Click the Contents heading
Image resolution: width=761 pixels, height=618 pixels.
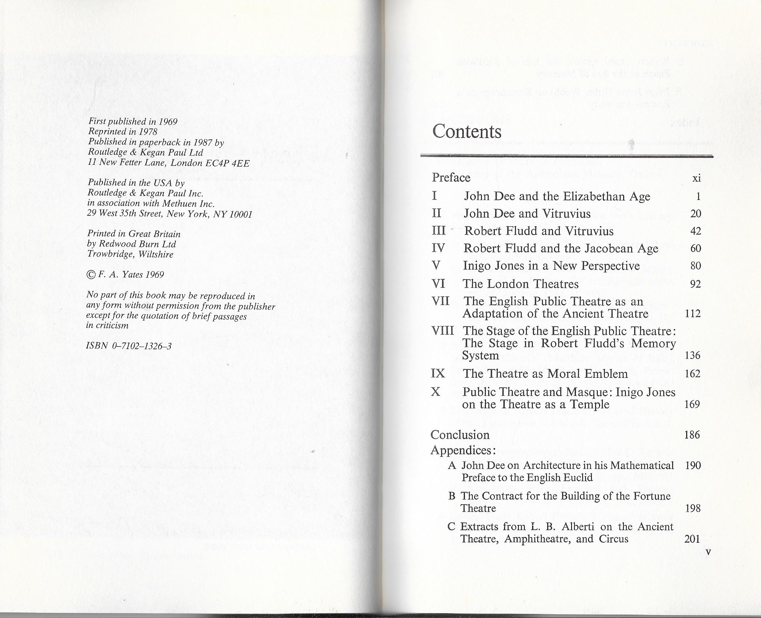tap(466, 131)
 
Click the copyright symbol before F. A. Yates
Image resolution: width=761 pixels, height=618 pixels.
tap(90, 275)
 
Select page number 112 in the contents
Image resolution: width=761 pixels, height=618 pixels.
tap(692, 314)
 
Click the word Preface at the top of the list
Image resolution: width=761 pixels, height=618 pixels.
tap(451, 177)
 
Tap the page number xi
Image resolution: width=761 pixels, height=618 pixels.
tap(696, 179)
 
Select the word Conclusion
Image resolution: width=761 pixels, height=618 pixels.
tap(460, 435)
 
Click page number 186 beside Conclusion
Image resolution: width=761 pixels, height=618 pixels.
tap(692, 435)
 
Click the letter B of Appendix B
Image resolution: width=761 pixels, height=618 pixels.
tap(452, 496)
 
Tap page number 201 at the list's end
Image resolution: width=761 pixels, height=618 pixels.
tap(692, 539)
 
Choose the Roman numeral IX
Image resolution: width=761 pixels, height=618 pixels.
tap(438, 373)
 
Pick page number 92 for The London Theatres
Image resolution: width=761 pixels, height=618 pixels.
tap(695, 284)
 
